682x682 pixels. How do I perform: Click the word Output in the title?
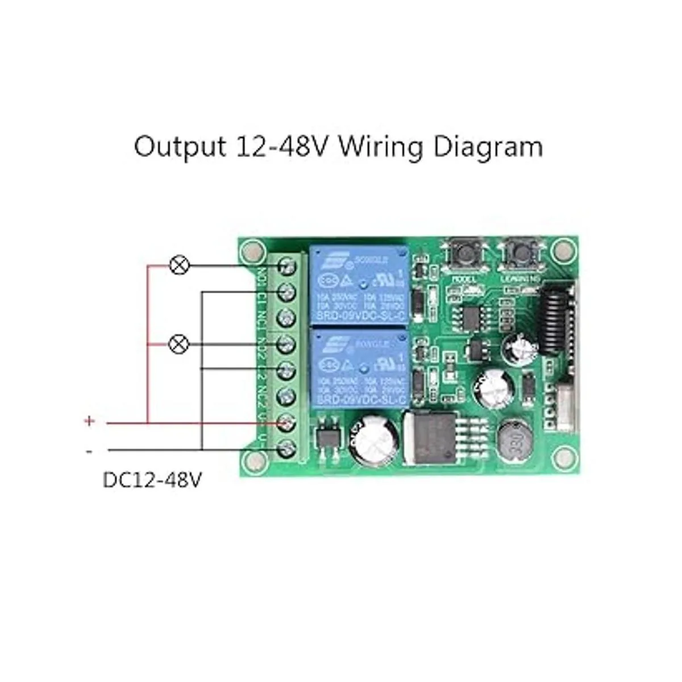(x=180, y=147)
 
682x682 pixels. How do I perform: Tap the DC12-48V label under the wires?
(x=152, y=480)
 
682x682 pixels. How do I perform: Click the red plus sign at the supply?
(x=89, y=421)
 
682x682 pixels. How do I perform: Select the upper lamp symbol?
(x=180, y=265)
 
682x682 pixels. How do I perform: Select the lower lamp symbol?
(x=180, y=344)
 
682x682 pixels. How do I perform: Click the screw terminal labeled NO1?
(x=287, y=265)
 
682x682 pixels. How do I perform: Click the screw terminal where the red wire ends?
(x=287, y=423)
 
